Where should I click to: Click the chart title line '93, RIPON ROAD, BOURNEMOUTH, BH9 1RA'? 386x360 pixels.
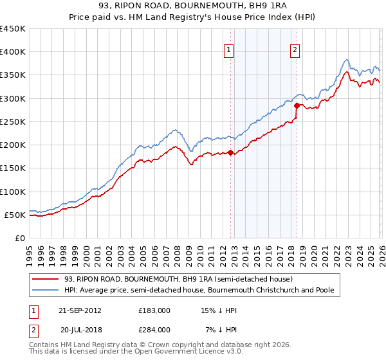192,6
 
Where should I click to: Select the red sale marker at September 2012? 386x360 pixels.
231,152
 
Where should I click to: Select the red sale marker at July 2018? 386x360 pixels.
297,105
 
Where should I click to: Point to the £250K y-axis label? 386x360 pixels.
14,122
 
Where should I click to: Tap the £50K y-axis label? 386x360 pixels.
16,215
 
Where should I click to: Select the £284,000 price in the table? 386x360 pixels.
154,329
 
